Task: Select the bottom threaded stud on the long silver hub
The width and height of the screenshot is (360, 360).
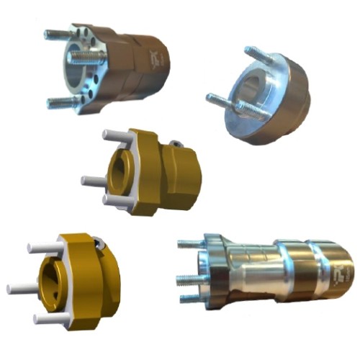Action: click(189, 297)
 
